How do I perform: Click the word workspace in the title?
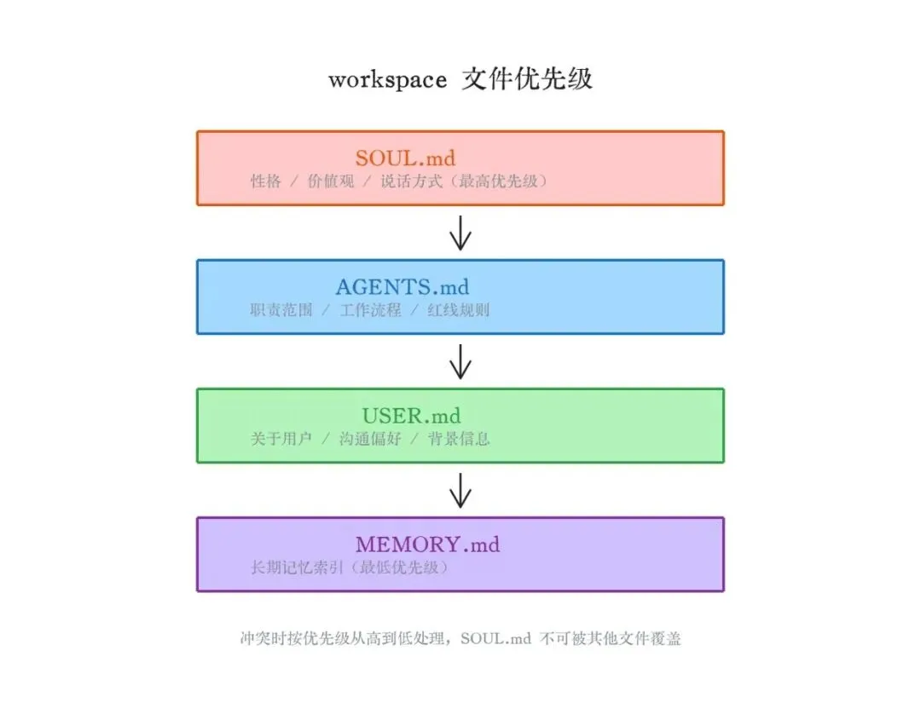coord(387,80)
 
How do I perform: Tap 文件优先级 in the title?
coord(527,79)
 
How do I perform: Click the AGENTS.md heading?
coord(403,287)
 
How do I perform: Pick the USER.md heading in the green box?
coord(411,416)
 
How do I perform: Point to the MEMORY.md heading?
coord(427,544)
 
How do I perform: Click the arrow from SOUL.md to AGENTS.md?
coord(460,233)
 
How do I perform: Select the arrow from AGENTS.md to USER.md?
coord(460,361)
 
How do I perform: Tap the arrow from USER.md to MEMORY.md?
coord(460,490)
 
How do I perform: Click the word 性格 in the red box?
coord(265,181)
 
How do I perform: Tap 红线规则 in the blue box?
coord(458,310)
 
